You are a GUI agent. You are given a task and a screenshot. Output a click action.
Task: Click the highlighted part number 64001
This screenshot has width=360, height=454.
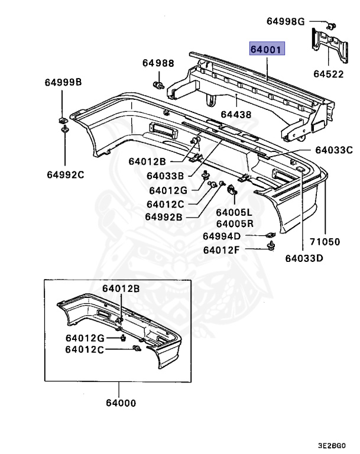pos(267,49)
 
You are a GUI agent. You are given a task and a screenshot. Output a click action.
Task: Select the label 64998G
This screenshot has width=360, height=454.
pos(286,22)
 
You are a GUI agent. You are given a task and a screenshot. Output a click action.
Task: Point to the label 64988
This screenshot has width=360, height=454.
pos(158,63)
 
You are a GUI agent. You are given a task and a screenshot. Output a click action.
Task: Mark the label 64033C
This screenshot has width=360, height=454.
pos(333,150)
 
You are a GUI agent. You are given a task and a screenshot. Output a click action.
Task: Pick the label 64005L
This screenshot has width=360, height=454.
pos(233,212)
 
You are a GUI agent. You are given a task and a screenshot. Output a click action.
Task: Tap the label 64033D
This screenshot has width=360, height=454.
pos(304,258)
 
